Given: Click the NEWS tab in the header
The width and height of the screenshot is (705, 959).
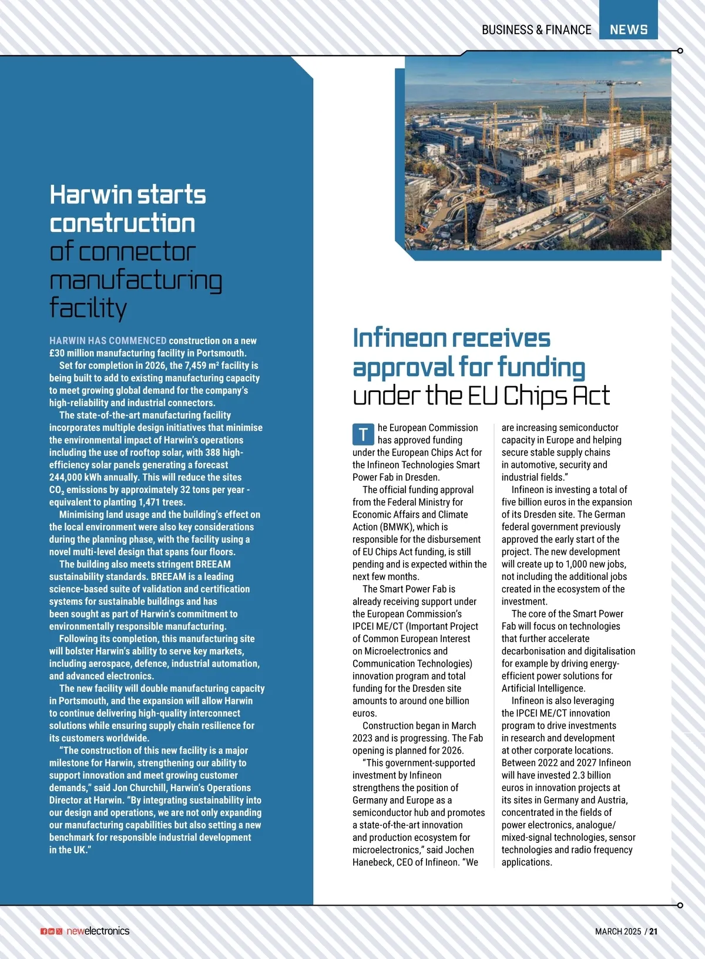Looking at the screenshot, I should pos(628,29).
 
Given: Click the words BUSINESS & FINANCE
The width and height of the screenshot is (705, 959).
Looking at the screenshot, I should pos(536,29).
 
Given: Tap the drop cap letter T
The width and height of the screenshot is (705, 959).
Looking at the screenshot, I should pos(363,434).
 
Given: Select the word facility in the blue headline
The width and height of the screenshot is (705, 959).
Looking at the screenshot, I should pos(88,308).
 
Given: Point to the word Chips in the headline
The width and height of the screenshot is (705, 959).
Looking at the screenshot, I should pos(535,396).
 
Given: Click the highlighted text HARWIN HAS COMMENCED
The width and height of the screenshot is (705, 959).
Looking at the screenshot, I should pos(108,341).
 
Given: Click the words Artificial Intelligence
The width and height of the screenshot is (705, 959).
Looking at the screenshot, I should pos(543,688).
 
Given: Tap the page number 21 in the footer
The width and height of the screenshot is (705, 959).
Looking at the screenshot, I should pos(654,931).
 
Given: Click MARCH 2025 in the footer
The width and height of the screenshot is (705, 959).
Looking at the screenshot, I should pos(617,931).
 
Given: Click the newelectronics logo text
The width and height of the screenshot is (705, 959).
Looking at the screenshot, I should pos(98,931).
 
